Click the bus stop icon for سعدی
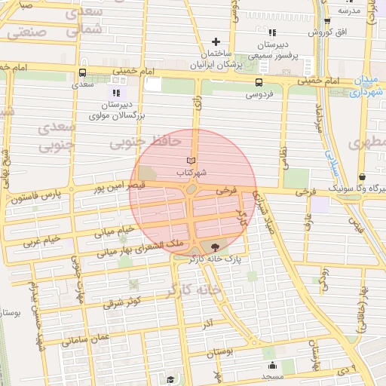click(x=81, y=73)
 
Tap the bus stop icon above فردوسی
click(x=259, y=83)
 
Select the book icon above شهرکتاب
click(x=191, y=161)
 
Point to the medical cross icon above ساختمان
click(x=216, y=41)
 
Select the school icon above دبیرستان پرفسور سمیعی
click(x=272, y=32)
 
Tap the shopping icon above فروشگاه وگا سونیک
click(x=363, y=176)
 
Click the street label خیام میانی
click(x=115, y=229)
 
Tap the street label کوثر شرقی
click(x=123, y=304)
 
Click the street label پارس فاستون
click(x=37, y=200)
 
